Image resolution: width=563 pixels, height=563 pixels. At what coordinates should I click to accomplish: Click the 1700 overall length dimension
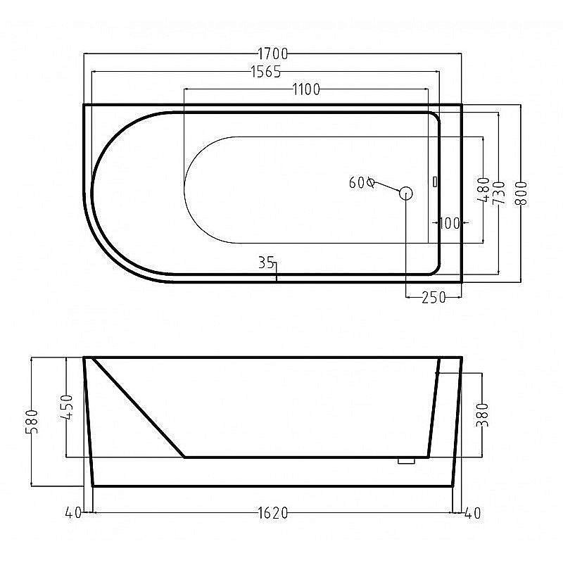273,54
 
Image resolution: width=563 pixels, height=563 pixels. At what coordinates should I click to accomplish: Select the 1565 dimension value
266,72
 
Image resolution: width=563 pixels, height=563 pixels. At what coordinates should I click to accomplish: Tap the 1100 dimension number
306,89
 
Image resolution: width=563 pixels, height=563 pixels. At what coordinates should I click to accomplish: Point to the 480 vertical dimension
484,189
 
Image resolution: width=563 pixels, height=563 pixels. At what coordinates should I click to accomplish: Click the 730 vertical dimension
500,193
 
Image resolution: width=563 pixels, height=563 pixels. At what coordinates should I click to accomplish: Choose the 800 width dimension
521,193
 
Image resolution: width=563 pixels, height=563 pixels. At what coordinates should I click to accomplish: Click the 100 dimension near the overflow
450,223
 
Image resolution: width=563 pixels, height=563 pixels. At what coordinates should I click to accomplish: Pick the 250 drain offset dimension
434,297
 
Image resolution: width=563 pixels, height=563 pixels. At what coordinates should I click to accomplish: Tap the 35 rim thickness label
266,262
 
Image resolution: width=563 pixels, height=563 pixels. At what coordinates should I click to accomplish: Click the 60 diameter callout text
362,183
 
